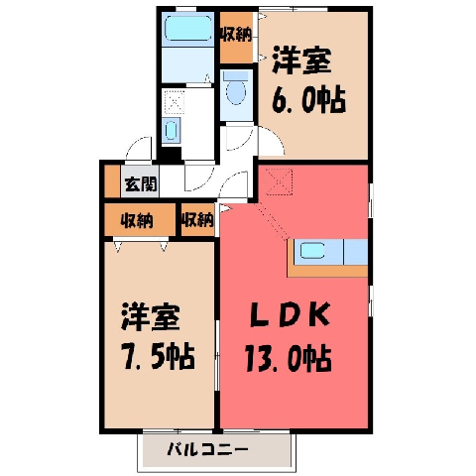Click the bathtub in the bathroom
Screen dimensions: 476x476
pos(187,29)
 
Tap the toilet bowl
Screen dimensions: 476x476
pos(236,88)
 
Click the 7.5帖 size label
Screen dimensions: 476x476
pos(158,357)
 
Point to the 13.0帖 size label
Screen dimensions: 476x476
pos(288,358)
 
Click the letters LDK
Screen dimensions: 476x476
pos(290,314)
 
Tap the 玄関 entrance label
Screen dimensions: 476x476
pos(141,183)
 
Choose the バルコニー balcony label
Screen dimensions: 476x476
pos(207,450)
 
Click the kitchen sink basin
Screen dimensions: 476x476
pos(312,250)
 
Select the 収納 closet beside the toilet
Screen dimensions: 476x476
pos(236,35)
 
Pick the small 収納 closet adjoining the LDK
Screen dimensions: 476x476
pos(197,219)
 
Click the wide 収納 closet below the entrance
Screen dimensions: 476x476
pos(140,220)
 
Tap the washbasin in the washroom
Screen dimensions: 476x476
pos(172,131)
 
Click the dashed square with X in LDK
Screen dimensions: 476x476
pos(280,181)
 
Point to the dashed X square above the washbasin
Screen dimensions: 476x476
pos(175,101)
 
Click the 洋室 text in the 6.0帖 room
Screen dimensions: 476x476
pos(301,60)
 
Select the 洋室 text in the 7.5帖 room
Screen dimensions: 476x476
pos(151,317)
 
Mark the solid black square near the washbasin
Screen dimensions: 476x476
pos(170,155)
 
